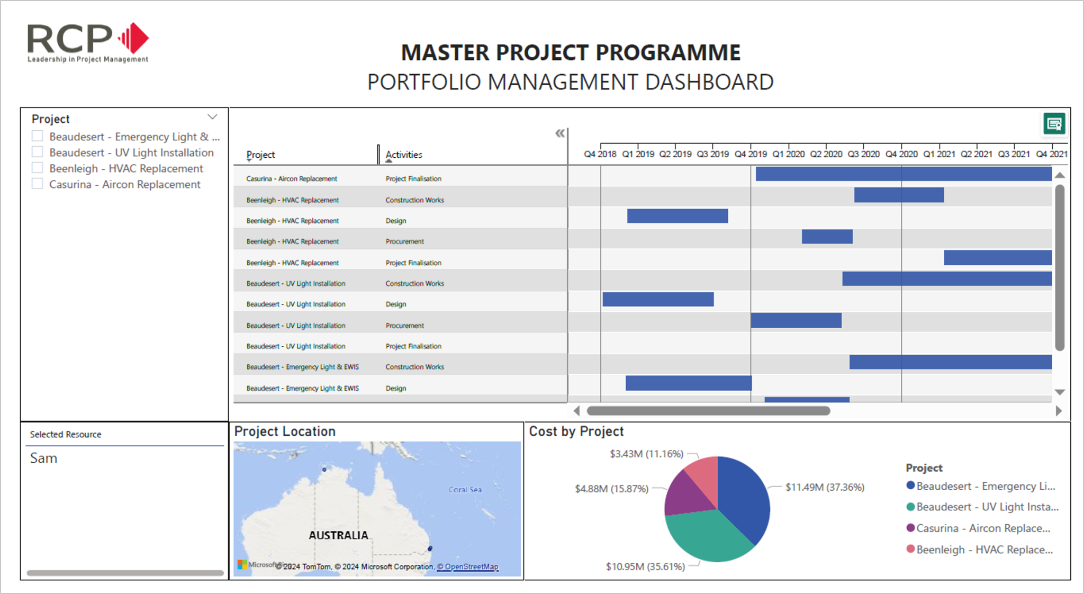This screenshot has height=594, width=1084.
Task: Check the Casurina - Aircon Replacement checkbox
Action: pos(38,184)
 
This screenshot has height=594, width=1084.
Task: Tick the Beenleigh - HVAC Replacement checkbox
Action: pos(38,168)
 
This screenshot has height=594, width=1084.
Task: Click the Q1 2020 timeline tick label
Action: pos(788,154)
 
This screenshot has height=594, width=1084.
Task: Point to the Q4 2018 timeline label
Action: pos(600,154)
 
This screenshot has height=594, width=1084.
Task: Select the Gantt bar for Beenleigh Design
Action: pos(677,216)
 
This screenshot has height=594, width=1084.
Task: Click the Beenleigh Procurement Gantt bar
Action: pos(827,237)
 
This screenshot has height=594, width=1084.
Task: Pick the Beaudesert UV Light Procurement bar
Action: pos(796,320)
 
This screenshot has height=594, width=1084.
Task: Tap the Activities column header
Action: pos(404,155)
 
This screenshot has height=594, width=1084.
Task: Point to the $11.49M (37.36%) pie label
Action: pos(825,487)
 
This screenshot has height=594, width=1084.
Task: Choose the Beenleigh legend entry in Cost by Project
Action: pos(984,550)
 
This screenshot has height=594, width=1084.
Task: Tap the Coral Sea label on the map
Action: pos(465,490)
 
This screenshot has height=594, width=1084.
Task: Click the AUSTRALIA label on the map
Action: pos(338,535)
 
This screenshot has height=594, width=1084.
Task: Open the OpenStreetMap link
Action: pos(467,566)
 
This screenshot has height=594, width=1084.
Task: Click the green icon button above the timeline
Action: pos(1054,124)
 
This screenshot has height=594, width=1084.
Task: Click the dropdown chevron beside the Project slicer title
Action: pos(212,117)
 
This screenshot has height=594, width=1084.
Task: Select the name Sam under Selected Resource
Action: pos(43,458)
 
